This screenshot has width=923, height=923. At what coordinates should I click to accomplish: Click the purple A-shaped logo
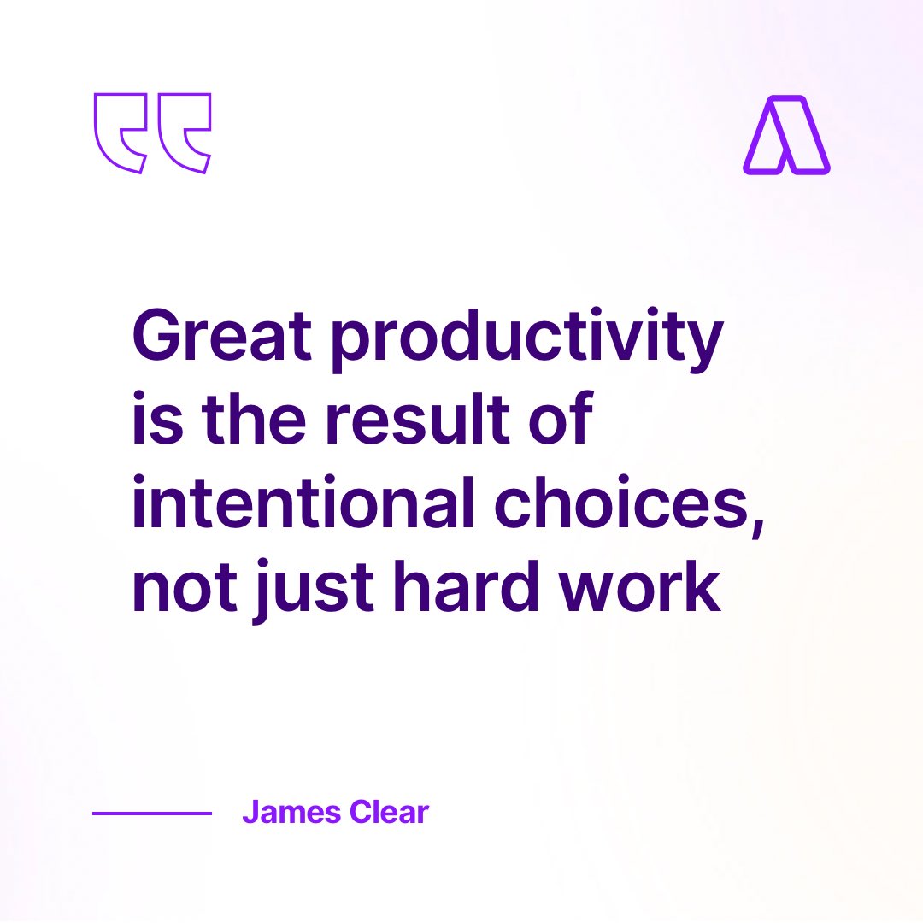coord(786,135)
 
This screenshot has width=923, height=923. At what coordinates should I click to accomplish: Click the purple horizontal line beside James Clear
coord(152,814)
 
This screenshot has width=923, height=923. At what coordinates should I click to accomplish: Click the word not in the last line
coord(180,588)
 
